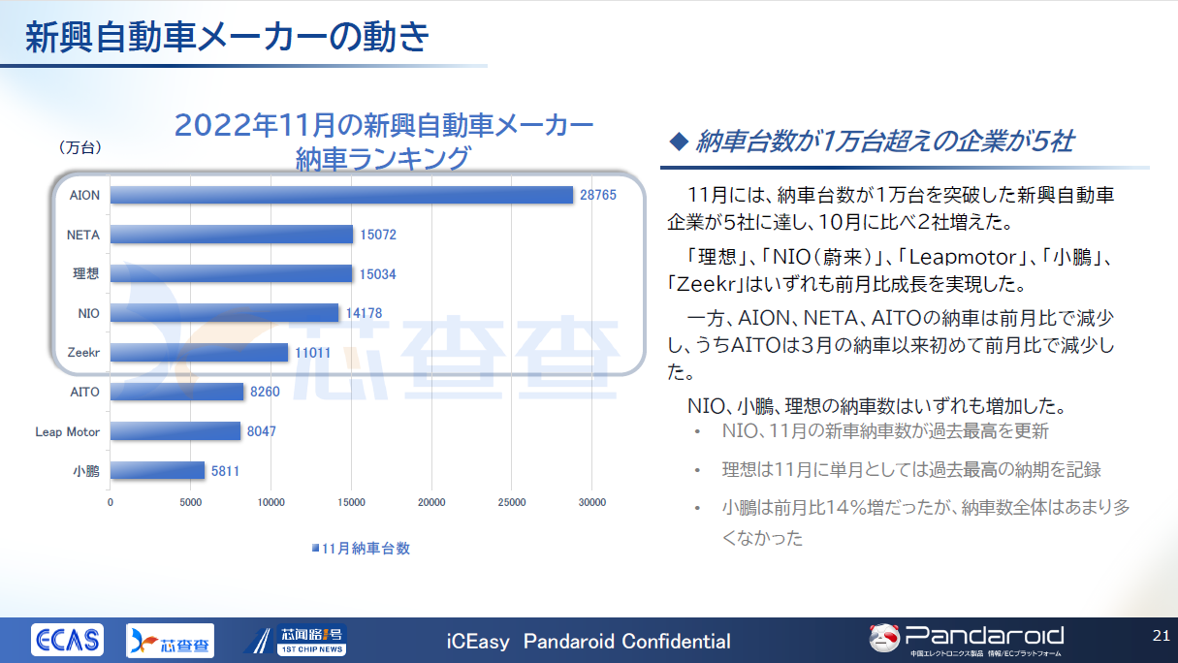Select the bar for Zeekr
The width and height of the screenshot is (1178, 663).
click(199, 353)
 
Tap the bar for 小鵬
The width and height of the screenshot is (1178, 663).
click(157, 471)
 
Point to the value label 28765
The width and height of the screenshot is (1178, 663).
click(598, 195)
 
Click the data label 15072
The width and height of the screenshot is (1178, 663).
click(378, 235)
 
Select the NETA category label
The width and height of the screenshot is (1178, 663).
click(83, 235)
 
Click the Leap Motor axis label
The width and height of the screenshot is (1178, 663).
click(67, 431)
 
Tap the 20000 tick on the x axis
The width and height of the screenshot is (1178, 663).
click(431, 502)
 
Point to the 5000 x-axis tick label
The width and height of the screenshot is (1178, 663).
click(191, 502)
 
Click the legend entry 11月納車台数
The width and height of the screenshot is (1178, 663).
click(361, 548)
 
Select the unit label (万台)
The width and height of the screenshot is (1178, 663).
click(80, 147)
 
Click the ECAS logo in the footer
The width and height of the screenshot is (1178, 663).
click(67, 640)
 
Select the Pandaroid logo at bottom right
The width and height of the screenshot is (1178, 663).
click(967, 638)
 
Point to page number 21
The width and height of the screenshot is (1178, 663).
click(1161, 636)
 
